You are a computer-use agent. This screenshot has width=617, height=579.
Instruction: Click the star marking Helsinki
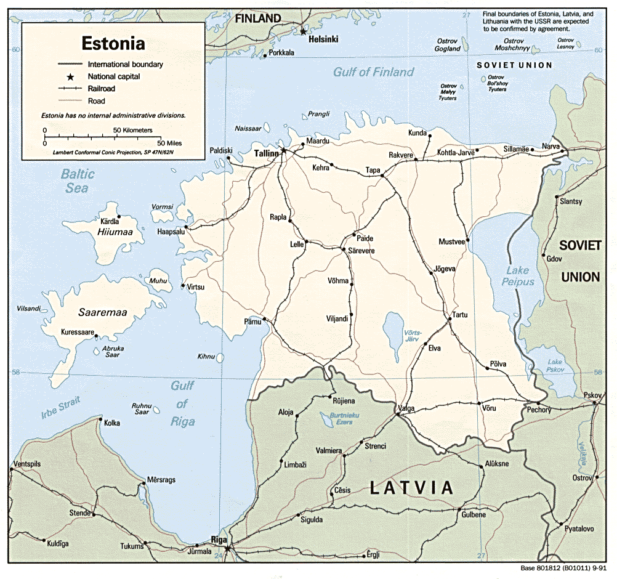point(302,30)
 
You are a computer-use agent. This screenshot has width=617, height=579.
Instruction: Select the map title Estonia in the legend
point(114,44)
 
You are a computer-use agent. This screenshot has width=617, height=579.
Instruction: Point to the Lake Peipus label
point(517,276)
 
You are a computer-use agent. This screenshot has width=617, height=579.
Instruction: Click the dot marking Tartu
point(448,320)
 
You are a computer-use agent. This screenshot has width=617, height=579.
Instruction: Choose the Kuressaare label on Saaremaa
point(78,332)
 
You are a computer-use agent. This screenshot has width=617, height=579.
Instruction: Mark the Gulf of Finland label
point(373,72)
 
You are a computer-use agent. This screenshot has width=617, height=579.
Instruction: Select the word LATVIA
point(411,488)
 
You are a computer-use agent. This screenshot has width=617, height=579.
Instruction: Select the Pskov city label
point(593,394)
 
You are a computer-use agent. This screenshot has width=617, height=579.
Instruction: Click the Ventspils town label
point(28,463)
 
